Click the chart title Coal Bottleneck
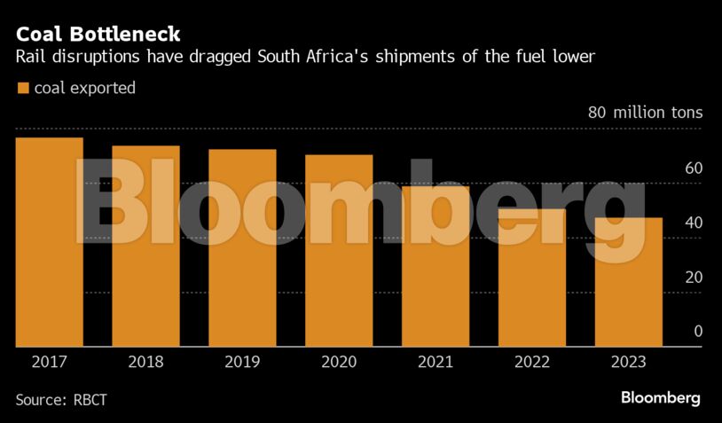point(98,35)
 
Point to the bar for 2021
point(436,266)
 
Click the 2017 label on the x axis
point(50,362)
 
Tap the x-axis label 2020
point(339,362)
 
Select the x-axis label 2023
point(628,362)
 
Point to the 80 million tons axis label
point(645,113)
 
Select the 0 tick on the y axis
point(698,331)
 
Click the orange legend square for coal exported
point(22,88)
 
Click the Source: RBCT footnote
point(61,399)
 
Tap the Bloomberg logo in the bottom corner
point(660,397)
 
